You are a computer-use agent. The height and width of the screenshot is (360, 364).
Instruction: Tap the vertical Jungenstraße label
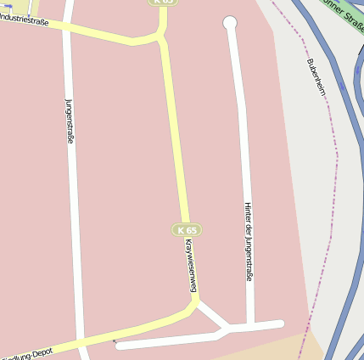pyautogui.click(x=70, y=121)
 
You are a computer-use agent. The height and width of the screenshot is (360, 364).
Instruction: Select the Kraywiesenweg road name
pyautogui.click(x=191, y=266)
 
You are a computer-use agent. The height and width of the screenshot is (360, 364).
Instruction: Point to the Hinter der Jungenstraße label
pyautogui.click(x=249, y=241)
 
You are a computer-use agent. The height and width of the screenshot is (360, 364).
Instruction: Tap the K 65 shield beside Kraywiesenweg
pyautogui.click(x=187, y=230)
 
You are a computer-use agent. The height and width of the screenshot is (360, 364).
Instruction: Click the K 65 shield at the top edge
pyautogui.click(x=163, y=3)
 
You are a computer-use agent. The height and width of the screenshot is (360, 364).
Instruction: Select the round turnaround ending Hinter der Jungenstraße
pyautogui.click(x=229, y=23)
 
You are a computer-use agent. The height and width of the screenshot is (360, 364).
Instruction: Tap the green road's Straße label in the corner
pyautogui.click(x=343, y=14)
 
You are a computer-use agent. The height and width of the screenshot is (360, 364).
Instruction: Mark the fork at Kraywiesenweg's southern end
pyautogui.click(x=197, y=301)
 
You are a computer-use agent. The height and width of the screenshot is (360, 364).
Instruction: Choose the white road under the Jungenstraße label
pyautogui.click(x=76, y=212)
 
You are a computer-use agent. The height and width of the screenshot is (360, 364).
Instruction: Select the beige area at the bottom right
pyautogui.click(x=272, y=348)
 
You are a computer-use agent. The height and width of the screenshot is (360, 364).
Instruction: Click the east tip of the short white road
pyautogui.click(x=280, y=323)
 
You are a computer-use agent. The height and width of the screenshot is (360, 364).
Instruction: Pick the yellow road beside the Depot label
pyautogui.click(x=102, y=335)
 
